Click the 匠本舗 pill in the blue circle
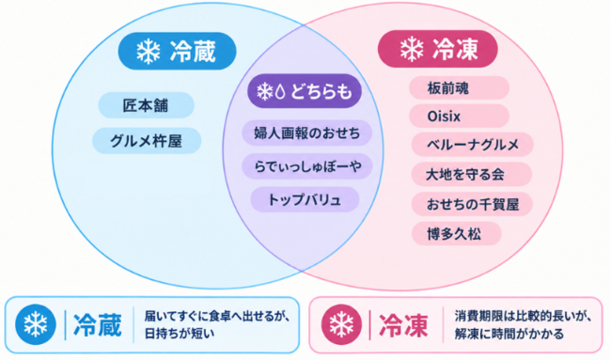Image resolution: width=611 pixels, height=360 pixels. pyautogui.click(x=146, y=105)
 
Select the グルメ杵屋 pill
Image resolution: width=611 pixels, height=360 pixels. pyautogui.click(x=147, y=141)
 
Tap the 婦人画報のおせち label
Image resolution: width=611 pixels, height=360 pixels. pyautogui.click(x=307, y=133)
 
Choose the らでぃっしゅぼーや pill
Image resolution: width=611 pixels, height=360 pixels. pyautogui.click(x=307, y=166)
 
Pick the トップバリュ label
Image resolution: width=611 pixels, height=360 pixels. pyautogui.click(x=305, y=199)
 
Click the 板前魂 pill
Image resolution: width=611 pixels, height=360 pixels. pyautogui.click(x=459, y=88)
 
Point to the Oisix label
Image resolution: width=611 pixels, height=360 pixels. pyautogui.click(x=459, y=117)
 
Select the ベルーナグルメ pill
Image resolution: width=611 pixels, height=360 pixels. pyautogui.click(x=472, y=145)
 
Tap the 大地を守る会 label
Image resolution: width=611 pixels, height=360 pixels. pyautogui.click(x=472, y=174)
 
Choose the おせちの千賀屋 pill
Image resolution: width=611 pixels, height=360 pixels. pyautogui.click(x=472, y=204)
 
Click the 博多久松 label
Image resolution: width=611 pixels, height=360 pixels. pyautogui.click(x=456, y=234)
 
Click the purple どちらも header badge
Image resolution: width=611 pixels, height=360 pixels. pyautogui.click(x=305, y=91)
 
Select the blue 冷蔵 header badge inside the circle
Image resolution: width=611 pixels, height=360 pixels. pyautogui.click(x=178, y=51)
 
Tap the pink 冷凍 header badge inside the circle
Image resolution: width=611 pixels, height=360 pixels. pyautogui.click(x=438, y=49)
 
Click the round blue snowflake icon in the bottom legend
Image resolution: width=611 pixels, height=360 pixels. pyautogui.click(x=36, y=324)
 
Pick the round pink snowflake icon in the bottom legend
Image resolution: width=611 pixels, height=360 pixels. pyautogui.click(x=341, y=324)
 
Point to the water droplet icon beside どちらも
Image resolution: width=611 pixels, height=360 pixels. pyautogui.click(x=280, y=91)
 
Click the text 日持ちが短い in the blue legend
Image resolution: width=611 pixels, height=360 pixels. pyautogui.click(x=180, y=334)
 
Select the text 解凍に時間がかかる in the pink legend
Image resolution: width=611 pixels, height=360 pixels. pyautogui.click(x=509, y=334)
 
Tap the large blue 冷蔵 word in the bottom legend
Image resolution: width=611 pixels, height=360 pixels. pyautogui.click(x=98, y=325)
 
